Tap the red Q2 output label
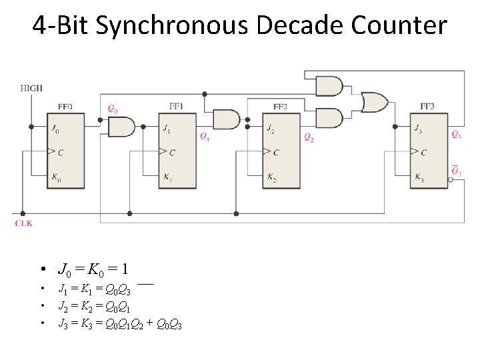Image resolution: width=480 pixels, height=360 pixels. (x=309, y=138)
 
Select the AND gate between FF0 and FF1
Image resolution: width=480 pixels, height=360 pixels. (x=121, y=126)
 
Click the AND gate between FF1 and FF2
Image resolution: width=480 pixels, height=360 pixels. (x=227, y=119)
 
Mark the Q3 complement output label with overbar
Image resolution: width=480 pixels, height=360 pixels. (x=455, y=171)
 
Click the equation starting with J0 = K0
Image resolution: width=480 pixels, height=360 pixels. (x=93, y=269)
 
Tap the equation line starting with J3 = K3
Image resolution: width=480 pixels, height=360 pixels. (x=120, y=325)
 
